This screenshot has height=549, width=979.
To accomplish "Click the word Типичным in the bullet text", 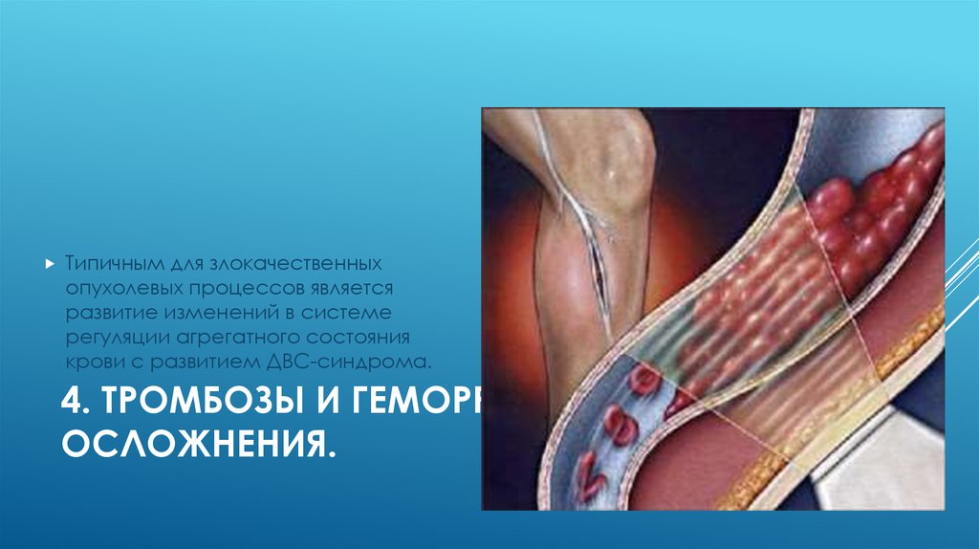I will pos(98,262).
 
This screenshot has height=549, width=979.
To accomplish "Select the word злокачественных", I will pos(287,262).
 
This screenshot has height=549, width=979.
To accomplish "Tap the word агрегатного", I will pos(230,338).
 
